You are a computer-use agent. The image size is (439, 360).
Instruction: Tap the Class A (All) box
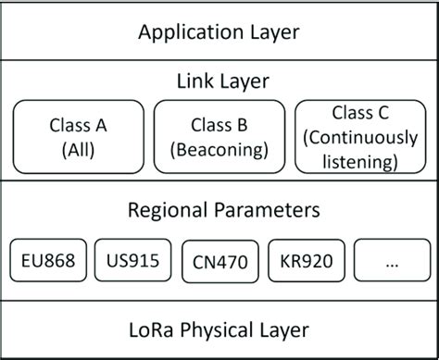(x=78, y=137)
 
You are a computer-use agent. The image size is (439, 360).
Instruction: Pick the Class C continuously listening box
(x=362, y=137)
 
